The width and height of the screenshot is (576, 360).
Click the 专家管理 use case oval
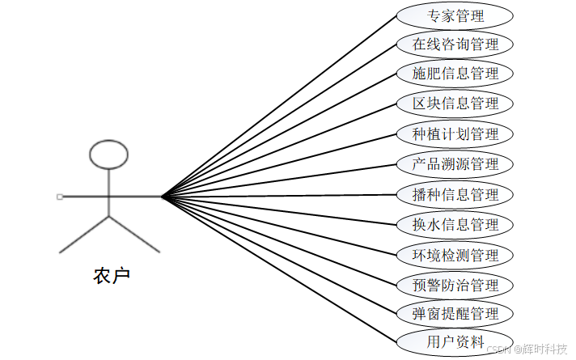click(455, 15)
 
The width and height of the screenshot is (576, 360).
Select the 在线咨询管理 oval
click(455, 44)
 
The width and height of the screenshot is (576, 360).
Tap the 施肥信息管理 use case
click(455, 74)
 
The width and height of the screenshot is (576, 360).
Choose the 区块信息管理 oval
click(455, 104)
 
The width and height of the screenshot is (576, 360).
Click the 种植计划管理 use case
click(455, 133)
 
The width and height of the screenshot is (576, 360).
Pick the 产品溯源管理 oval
click(455, 164)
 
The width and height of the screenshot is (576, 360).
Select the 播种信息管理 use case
click(455, 195)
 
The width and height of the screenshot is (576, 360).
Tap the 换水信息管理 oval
click(455, 225)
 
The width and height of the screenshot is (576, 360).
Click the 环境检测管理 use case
click(455, 256)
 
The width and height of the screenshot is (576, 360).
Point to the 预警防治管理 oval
click(455, 285)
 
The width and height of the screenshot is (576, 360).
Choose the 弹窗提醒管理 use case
click(455, 313)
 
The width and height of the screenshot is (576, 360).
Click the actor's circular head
click(108, 155)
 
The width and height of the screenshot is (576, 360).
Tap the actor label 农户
click(111, 276)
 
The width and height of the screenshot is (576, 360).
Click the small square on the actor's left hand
click(59, 197)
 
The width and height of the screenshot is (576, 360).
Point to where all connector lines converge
click(162, 196)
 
